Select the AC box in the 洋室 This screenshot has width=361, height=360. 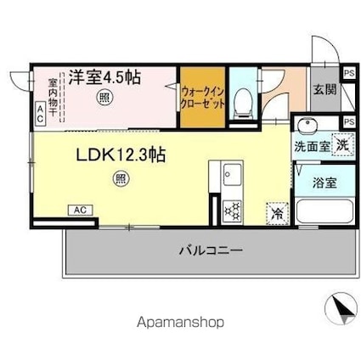(x=38, y=112)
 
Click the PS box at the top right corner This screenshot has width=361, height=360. (x=349, y=73)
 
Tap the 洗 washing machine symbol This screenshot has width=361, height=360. (x=341, y=143)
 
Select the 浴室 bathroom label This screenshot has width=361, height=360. (x=323, y=182)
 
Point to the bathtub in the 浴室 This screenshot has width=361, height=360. (x=322, y=211)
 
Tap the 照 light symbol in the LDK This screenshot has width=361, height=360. (x=120, y=178)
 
